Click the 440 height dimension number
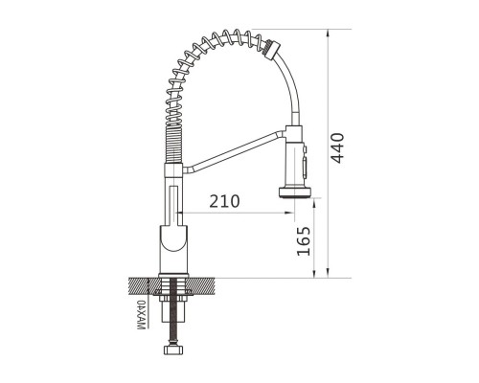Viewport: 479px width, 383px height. (x=337, y=147)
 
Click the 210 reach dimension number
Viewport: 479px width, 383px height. (x=224, y=201)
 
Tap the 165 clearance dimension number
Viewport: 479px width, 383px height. (x=304, y=241)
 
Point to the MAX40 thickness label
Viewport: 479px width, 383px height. (x=141, y=315)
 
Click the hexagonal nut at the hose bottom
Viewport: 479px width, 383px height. (x=173, y=349)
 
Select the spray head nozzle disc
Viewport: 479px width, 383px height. (x=295, y=192)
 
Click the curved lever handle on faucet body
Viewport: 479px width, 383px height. (x=173, y=237)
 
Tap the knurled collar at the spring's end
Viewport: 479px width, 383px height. (x=271, y=49)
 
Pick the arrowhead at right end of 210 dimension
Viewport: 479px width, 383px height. (x=290, y=213)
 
